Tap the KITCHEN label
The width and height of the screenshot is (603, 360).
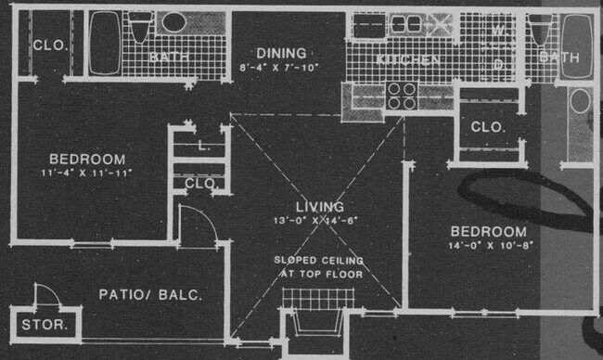point(407,60)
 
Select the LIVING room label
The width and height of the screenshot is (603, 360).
point(319,207)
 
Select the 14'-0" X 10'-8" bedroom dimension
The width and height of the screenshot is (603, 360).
point(488,246)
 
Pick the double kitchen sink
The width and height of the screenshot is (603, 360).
point(404,25)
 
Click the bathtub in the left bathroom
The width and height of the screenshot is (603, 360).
point(105,43)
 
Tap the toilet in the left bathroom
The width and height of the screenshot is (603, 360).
point(140,28)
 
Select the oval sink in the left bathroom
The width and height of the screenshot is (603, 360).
point(172,23)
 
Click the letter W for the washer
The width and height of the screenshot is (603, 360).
point(497,31)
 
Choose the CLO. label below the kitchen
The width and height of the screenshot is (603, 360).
point(488,127)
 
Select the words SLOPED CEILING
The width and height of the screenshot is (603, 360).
point(319,261)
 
